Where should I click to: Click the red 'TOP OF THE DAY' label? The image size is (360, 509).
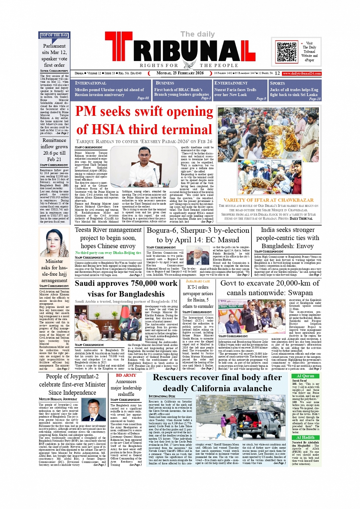coord(54,35)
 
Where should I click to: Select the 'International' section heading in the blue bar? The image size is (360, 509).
coord(91,83)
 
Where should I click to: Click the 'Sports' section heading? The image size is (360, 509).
coord(277,83)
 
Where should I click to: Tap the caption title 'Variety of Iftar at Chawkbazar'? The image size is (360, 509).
coord(269,200)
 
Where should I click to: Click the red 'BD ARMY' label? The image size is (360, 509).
coord(126,375)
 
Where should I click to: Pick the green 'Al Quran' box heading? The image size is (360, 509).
coord(305,376)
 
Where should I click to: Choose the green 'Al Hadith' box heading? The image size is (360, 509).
coord(305,437)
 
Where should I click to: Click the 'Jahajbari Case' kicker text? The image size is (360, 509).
coord(198,281)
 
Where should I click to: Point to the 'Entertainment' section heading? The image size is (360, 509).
coord(231,83)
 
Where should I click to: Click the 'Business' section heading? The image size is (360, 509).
coord(165,83)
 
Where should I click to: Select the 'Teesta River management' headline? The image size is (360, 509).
coord(108,230)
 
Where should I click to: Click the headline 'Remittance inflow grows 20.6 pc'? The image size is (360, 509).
coord(54,150)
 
